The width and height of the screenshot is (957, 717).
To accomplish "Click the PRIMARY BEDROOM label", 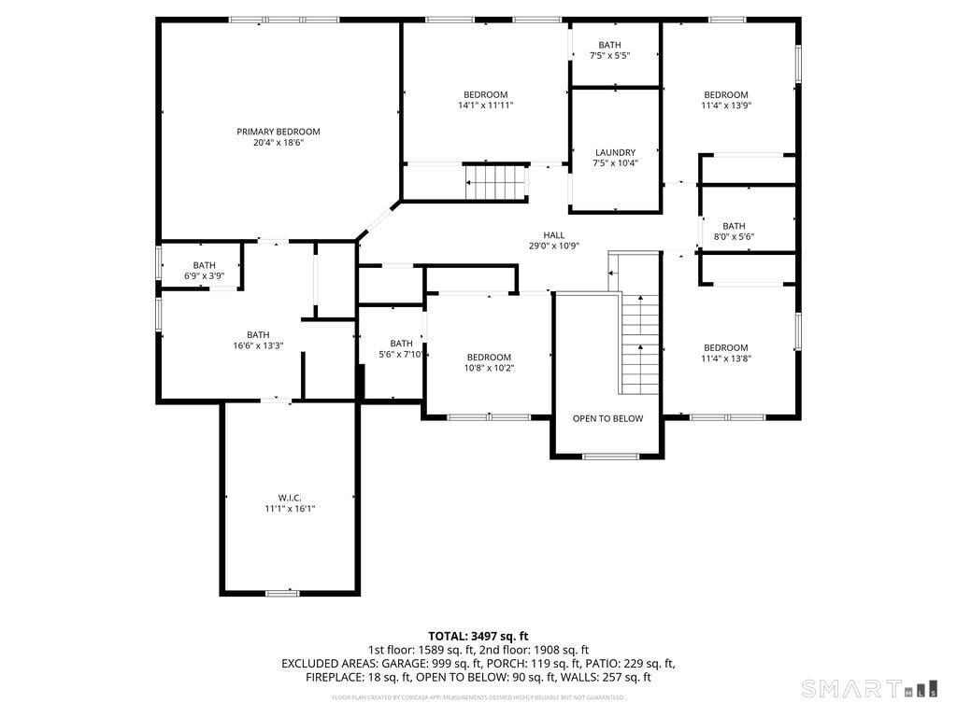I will pos(278,132).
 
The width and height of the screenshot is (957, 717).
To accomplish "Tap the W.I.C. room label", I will pos(290,498).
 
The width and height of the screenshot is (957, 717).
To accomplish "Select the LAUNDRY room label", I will pos(615,152).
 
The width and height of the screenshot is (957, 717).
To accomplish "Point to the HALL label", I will pos(554,235).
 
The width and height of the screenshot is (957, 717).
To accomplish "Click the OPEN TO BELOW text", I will pos(607,418).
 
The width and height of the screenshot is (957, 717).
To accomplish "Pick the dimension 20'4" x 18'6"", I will pos(278,143).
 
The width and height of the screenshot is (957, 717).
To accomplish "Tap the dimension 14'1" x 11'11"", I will pos(485,105).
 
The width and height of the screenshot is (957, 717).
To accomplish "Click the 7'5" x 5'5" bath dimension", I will pos(609,56).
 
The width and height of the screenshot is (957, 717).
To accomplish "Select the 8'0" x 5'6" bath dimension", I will pos(734,236).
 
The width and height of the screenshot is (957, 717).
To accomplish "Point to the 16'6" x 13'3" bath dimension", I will pos(258,345).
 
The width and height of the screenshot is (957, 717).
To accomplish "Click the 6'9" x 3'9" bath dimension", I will pos(204,275).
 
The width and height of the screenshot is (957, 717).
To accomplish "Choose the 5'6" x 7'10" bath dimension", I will pos(402,354).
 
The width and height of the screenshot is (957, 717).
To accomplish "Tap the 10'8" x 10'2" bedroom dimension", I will pos(489,368).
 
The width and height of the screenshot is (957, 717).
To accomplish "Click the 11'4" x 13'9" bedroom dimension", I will pos(726,105).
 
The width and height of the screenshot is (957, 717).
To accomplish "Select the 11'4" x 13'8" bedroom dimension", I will pos(726,358).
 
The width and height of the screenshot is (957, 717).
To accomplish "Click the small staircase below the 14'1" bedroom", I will pos(495,182).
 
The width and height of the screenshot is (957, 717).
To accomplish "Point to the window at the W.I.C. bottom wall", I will pos(281,593).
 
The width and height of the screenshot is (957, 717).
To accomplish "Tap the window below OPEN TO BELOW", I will pos(610,457).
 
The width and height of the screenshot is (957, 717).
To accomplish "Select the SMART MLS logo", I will pos(868,689).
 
